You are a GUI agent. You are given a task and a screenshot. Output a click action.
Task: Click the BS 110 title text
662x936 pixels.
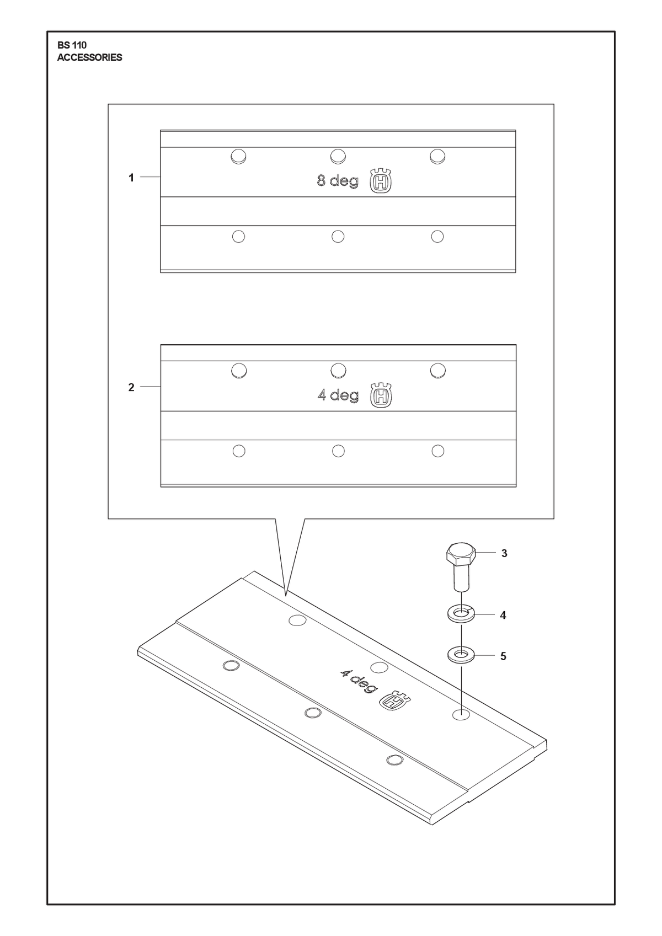pyautogui.click(x=72, y=45)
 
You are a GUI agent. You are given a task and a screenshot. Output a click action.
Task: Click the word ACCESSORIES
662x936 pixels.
pyautogui.click(x=89, y=58)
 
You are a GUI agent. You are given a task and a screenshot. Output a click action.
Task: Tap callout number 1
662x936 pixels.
pyautogui.click(x=131, y=178)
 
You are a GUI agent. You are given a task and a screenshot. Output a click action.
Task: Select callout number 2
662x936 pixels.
pyautogui.click(x=131, y=387)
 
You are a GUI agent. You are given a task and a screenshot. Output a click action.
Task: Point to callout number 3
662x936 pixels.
pyautogui.click(x=504, y=553)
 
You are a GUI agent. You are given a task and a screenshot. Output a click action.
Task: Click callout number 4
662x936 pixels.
pyautogui.click(x=503, y=615)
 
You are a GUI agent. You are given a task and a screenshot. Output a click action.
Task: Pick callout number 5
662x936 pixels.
pyautogui.click(x=503, y=656)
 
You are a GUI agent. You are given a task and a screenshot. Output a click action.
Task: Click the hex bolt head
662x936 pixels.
pyautogui.click(x=461, y=554)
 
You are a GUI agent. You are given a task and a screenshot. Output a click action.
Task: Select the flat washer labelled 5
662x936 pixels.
pyautogui.click(x=461, y=656)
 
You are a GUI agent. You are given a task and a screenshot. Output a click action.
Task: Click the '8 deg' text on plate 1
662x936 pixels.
pyautogui.click(x=338, y=181)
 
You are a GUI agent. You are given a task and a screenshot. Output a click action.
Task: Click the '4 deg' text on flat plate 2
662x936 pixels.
pyautogui.click(x=338, y=395)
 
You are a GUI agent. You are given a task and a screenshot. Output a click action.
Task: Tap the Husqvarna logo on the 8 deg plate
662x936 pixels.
pyautogui.click(x=381, y=181)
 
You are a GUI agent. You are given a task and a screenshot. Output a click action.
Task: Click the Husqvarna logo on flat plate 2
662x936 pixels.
pyautogui.click(x=381, y=395)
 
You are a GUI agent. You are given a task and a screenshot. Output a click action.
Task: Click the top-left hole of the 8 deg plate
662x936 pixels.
pyautogui.click(x=238, y=157)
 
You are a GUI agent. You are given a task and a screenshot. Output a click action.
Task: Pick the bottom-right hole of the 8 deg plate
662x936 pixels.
pyautogui.click(x=437, y=237)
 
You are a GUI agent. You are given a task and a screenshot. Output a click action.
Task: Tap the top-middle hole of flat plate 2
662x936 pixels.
pyautogui.click(x=338, y=371)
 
